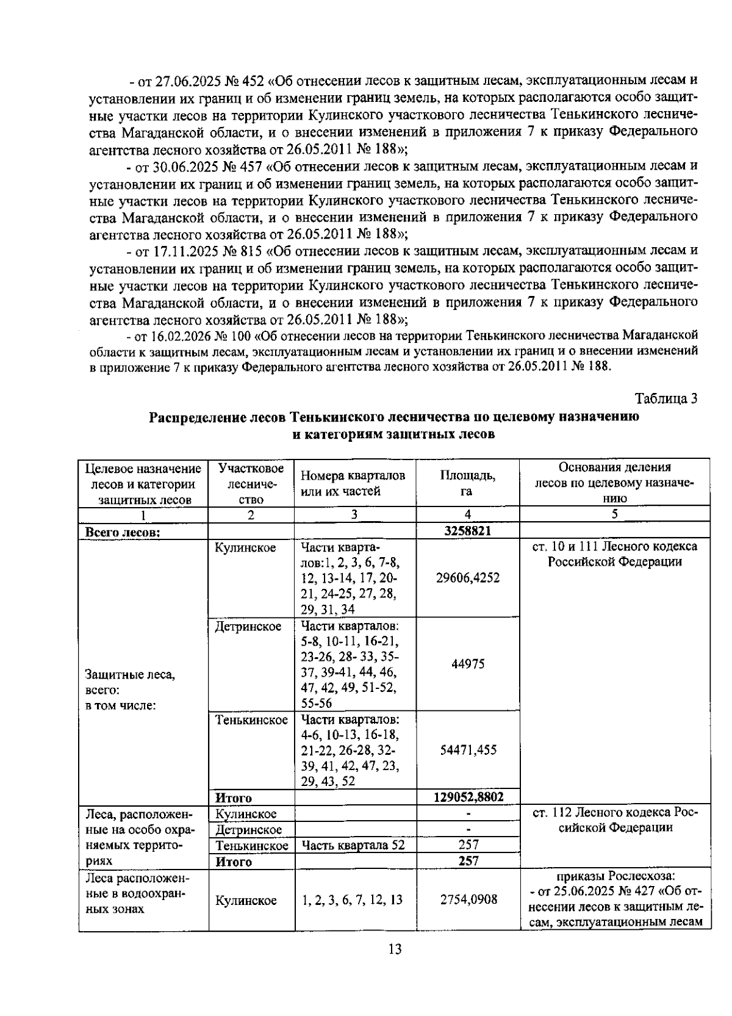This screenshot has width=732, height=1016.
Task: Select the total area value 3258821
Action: click(468, 530)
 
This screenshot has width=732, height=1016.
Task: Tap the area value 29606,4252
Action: click(468, 578)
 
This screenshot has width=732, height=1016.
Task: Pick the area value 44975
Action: click(468, 664)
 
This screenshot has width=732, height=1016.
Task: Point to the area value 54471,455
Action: click(468, 750)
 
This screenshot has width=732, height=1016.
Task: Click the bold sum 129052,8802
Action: click(468, 797)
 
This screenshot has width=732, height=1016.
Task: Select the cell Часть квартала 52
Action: click(353, 845)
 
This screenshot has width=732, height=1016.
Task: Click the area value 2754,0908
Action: click(468, 899)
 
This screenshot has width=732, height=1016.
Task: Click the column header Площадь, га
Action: click(468, 483)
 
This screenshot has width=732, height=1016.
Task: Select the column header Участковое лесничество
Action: click(251, 483)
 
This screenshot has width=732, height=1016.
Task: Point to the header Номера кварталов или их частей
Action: click(353, 483)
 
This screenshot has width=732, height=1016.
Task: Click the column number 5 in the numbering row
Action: click(614, 514)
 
